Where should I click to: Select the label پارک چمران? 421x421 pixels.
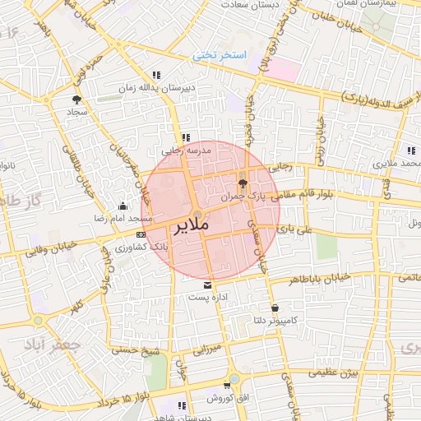[244, 197]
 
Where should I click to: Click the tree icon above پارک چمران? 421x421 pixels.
[242, 183]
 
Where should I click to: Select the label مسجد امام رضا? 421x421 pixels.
[124, 219]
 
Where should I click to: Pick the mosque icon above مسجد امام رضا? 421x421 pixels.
[123, 206]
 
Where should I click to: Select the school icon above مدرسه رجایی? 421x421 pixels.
[186, 138]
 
